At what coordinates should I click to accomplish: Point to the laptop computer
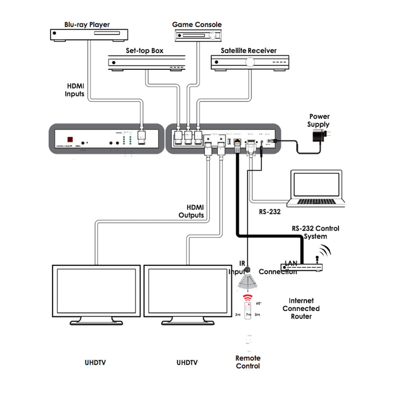(316, 188)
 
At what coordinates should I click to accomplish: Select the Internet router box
(301, 267)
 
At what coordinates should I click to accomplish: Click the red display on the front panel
(70, 140)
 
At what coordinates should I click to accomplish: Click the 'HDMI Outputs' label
(191, 211)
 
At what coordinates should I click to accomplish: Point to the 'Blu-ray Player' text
(87, 25)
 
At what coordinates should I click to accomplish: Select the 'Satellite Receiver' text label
(248, 51)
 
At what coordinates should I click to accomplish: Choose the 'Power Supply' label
(319, 120)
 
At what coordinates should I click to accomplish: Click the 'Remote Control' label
(248, 362)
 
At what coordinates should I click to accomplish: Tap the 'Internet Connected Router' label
(301, 309)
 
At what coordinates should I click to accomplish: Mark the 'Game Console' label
(197, 25)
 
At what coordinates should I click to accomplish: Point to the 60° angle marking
(259, 303)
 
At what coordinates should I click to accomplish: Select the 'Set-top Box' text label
(145, 51)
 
